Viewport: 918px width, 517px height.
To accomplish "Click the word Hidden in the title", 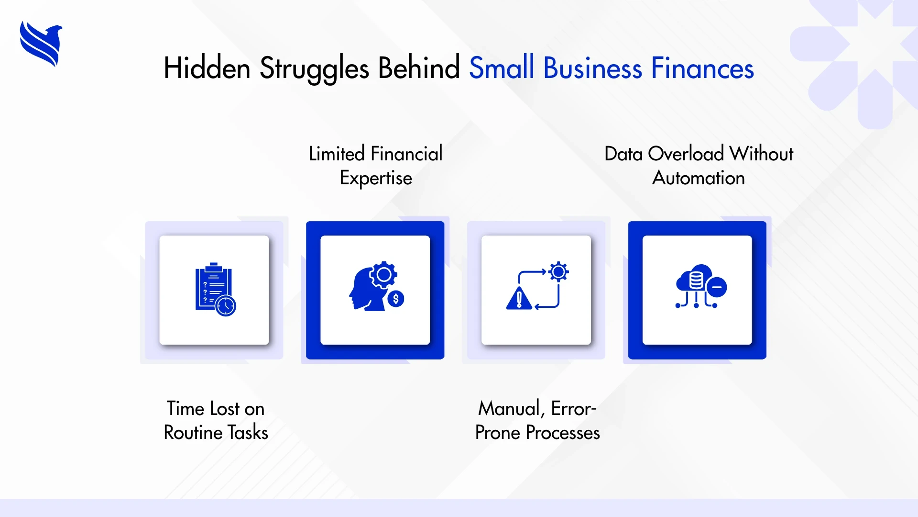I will point(207,68).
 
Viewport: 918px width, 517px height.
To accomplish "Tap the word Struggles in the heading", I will point(314,68).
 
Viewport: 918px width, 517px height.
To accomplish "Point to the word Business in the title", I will point(592,68).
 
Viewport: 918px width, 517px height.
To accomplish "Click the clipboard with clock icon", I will point(214,289).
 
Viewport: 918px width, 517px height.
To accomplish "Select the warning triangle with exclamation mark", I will point(519,299).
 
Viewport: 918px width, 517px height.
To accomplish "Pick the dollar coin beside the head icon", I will point(396,299).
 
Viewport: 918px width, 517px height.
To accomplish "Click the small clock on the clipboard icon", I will point(226,305).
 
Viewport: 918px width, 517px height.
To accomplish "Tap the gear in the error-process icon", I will point(558,272).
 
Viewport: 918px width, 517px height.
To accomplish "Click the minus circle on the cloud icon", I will point(717,287).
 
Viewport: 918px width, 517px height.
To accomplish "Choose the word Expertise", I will point(376,178).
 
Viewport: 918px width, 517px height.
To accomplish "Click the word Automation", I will point(699,178).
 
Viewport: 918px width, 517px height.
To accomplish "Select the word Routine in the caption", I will point(193,433).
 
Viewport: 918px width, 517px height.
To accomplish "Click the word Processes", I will point(563,433).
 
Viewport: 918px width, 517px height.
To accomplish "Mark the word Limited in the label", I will point(337,154).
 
